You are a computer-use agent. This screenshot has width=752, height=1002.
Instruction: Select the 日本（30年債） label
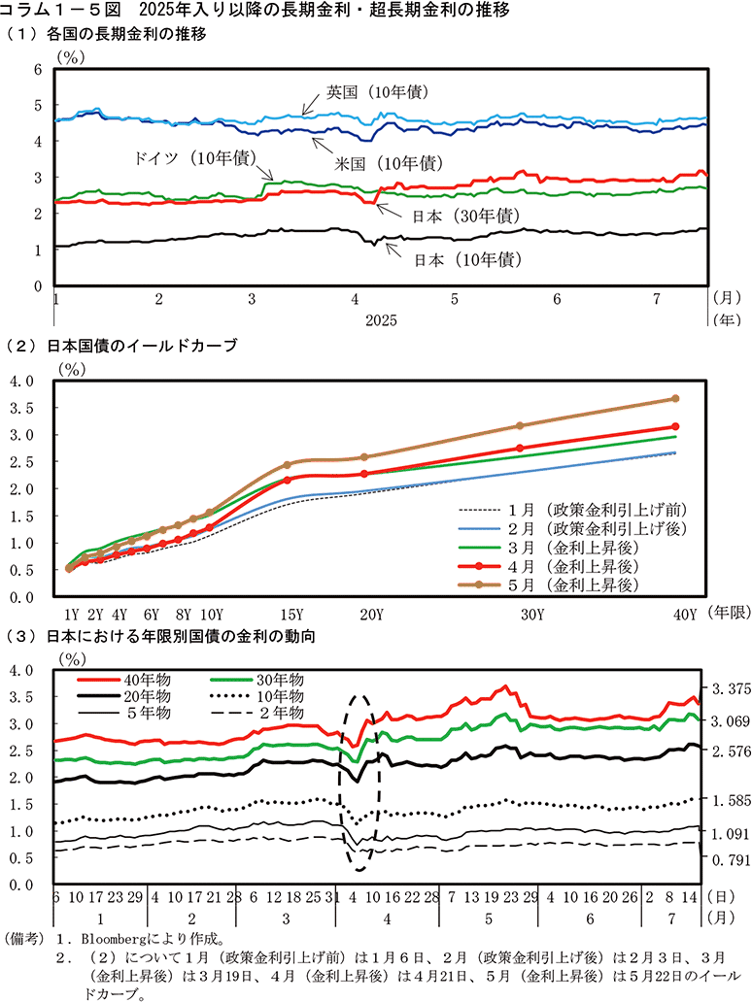464,215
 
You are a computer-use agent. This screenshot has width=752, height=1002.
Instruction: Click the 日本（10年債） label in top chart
464,260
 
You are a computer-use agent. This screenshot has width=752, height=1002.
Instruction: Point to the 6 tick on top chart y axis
38,69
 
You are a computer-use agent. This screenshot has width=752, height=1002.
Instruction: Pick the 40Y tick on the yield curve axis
686,614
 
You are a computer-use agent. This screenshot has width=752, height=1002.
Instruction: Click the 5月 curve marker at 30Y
520,425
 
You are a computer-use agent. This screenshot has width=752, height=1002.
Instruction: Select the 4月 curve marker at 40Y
675,426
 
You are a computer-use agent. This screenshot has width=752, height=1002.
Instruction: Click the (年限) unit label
727,614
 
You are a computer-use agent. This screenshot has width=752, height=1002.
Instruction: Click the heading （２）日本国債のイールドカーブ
121,346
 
